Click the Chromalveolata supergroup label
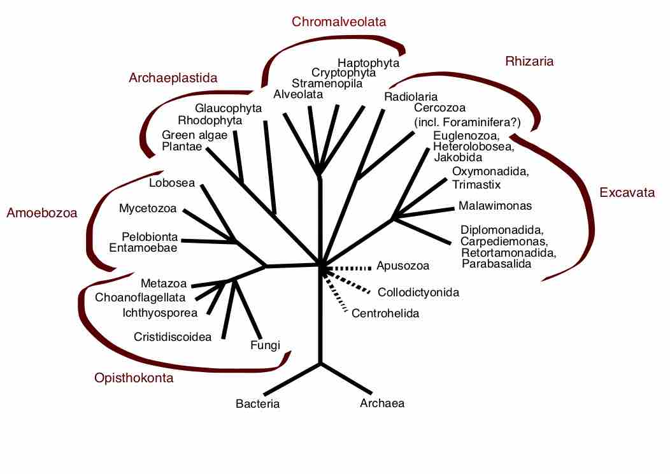pos(339,22)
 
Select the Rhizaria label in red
pos(529,62)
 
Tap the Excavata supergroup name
pos(627,193)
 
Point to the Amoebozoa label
pos(41,213)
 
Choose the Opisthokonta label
pos(134,378)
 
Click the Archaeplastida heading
pos(173,78)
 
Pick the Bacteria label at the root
pos(257,403)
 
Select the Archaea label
pos(382,403)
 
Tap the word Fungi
pos(265,345)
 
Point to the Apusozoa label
pos(403,266)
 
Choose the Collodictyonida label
pos(418,292)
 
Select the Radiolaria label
pos(411,97)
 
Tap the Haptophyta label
pos(368,62)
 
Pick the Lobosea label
pos(171,183)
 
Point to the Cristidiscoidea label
pos(173,336)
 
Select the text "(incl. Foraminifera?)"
pos(467,122)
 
